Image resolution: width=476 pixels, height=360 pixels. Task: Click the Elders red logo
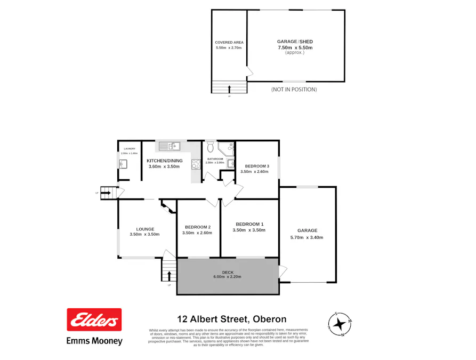94,320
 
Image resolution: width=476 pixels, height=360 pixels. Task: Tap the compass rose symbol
339,323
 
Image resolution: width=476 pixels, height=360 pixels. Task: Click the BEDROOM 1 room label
249,224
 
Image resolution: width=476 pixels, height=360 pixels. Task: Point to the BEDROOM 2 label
197,227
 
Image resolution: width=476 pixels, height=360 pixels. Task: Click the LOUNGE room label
144,229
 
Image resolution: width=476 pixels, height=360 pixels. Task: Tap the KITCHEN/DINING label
165,161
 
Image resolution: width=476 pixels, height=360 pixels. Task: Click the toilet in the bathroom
211,145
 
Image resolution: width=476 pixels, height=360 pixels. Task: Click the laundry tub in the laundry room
123,164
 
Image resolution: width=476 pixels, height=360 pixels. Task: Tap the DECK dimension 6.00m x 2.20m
228,276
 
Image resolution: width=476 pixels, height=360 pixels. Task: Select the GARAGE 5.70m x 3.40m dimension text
306,237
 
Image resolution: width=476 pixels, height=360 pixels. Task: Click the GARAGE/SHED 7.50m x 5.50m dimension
295,47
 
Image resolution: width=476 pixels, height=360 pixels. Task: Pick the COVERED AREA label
229,42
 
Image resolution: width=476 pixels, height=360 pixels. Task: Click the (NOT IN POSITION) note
294,89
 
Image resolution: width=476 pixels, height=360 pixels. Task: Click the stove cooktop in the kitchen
196,164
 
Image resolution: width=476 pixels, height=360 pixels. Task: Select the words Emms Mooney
94,341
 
